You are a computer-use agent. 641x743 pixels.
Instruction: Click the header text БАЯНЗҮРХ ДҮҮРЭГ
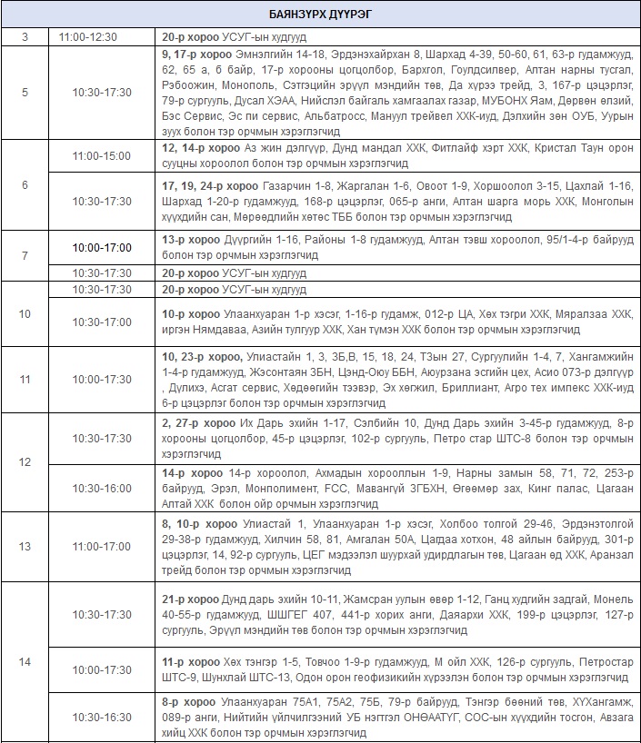click(x=320, y=14)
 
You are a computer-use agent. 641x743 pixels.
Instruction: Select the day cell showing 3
click(x=25, y=37)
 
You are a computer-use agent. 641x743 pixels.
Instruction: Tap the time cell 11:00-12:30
click(x=102, y=37)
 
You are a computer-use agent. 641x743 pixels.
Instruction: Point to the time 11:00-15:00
click(x=102, y=156)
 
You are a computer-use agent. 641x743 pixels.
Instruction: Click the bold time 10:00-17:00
click(x=102, y=247)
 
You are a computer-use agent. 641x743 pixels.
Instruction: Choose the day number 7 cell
click(x=25, y=255)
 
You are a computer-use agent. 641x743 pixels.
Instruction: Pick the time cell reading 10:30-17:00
click(x=102, y=322)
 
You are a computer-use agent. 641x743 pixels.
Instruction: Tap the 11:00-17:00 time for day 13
click(x=102, y=546)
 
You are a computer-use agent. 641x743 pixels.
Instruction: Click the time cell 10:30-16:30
click(x=102, y=717)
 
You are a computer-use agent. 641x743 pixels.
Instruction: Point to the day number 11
click(x=25, y=379)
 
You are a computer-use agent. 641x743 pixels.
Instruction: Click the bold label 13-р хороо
click(x=191, y=240)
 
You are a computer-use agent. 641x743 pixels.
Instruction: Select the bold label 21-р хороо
click(x=191, y=599)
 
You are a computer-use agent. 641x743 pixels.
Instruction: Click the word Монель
click(x=611, y=599)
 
